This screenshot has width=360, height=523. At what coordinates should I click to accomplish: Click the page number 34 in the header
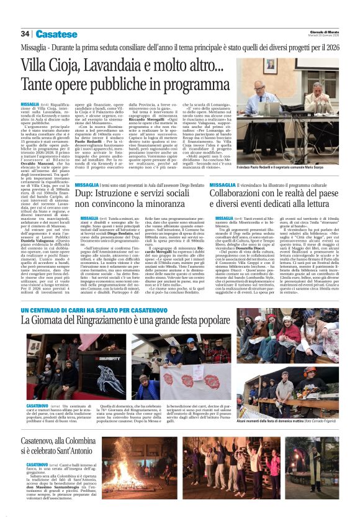click(25, 34)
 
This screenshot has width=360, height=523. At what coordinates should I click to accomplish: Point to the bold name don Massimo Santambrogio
click(56, 483)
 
